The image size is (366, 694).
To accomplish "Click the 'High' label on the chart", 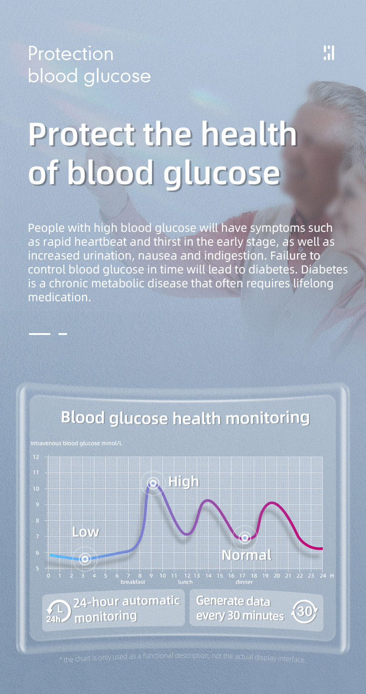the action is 183,482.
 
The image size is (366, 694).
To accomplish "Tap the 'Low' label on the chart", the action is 85,532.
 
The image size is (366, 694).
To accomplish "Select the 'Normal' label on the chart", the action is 246,555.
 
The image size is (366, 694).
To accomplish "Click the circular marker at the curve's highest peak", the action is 153,483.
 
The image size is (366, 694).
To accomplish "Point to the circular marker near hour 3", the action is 85,559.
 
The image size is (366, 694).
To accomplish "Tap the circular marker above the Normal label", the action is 245,538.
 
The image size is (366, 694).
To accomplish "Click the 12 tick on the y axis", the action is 36,457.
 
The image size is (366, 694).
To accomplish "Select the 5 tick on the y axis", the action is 38,568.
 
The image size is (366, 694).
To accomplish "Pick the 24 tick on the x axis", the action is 323,576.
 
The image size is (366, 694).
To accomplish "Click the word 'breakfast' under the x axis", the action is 133,582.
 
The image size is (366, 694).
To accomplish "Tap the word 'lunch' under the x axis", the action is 185,582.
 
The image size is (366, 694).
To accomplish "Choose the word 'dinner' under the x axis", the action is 244,582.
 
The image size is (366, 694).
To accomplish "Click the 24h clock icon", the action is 58,611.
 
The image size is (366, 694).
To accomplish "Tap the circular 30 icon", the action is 304,611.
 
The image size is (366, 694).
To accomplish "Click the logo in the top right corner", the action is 329,53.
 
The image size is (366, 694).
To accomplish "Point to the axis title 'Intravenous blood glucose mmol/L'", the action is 76,443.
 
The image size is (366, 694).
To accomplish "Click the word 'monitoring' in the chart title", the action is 267,418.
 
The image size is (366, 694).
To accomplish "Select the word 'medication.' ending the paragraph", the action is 60,297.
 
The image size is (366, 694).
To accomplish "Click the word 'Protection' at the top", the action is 71,54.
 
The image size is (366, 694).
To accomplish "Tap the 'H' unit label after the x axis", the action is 332,576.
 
